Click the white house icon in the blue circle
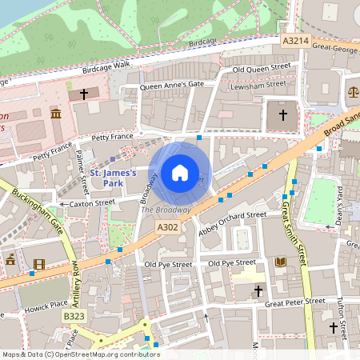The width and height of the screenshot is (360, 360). point(180,172)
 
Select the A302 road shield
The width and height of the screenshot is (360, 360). point(167,228)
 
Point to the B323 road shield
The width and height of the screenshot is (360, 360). point(73,317)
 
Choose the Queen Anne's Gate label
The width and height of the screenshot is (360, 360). point(172,85)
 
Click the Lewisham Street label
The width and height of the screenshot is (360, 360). point(258,83)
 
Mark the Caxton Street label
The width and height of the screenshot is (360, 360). point(93,204)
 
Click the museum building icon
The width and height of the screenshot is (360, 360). point(56,115)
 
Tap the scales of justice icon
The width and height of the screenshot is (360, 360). point(354,91)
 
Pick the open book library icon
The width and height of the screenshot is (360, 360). point(280,262)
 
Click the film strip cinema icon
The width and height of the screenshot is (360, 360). point(39,264)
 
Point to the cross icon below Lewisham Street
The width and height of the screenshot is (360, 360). point(282,115)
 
